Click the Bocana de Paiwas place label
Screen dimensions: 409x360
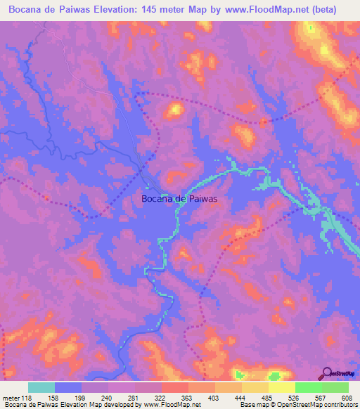pyautogui.click(x=179, y=199)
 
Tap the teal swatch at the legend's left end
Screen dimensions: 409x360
pyautogui.click(x=41, y=387)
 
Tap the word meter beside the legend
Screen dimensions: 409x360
pyautogui.click(x=12, y=397)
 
